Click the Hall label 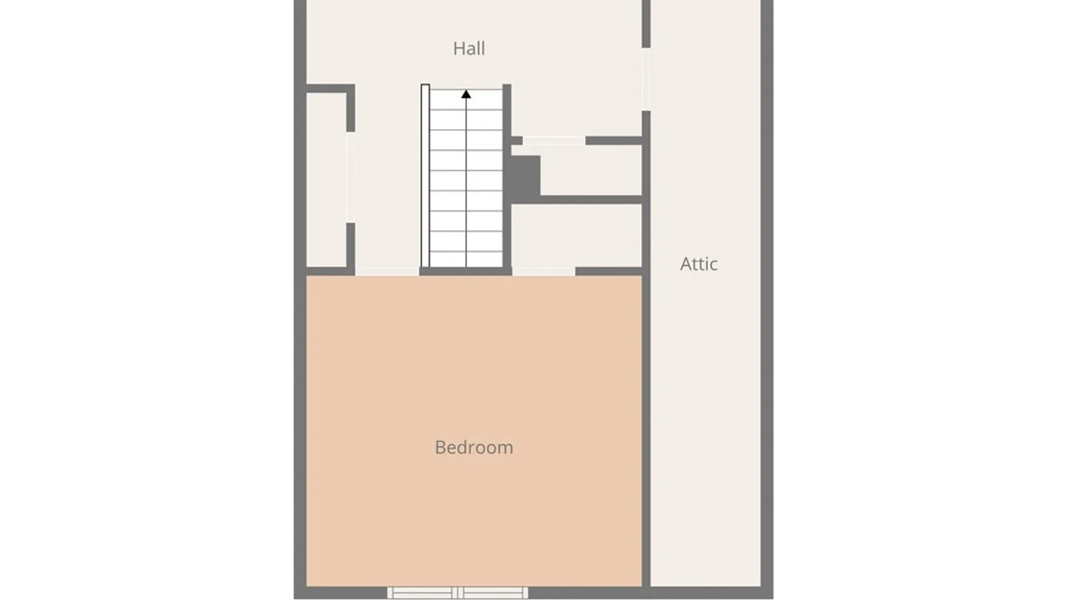click(469, 49)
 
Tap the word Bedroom click(474, 447)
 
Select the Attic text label click(698, 264)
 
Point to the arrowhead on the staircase click(466, 94)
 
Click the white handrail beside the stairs click(425, 176)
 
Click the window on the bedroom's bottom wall click(457, 593)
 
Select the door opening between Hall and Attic click(646, 79)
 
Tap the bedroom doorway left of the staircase click(387, 271)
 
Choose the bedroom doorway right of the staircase click(544, 271)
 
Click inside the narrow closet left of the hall click(326, 180)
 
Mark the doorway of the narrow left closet click(350, 178)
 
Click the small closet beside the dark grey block click(591, 171)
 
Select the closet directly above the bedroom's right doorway click(576, 236)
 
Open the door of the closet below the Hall click(554, 141)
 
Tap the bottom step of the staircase click(466, 259)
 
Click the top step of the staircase click(466, 99)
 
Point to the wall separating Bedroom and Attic click(646, 431)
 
